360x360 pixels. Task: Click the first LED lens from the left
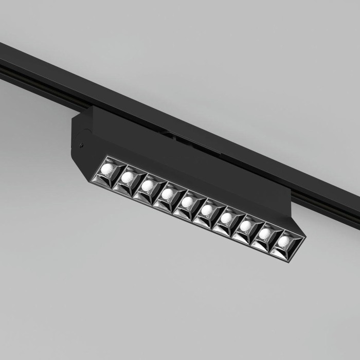tap(108, 169)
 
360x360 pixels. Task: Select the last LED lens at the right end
tap(283, 241)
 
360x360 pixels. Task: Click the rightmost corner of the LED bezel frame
tap(305, 238)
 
